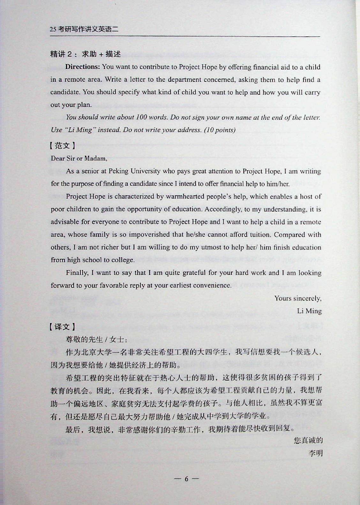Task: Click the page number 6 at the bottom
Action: coord(187,479)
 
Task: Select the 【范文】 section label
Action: coord(63,146)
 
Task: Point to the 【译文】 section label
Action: coord(63,327)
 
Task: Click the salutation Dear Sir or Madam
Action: coord(79,158)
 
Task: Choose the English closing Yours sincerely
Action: coord(298,298)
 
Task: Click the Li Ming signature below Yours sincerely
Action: coord(309,311)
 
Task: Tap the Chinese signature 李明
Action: coord(316,453)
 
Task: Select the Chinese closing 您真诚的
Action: coord(308,441)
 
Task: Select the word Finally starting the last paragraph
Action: coord(77,273)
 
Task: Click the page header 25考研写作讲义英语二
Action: coord(84,29)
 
